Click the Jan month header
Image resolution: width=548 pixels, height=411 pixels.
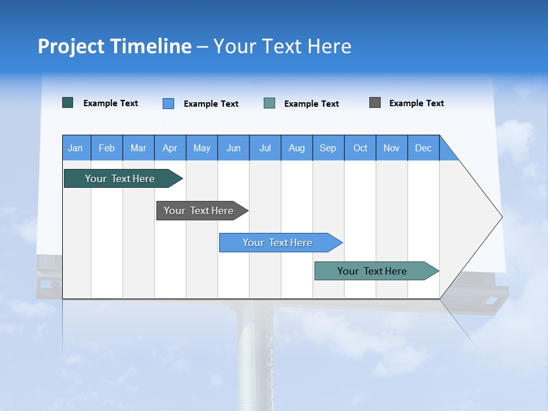(x=76, y=148)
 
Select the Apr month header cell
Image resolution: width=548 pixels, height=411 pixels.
(x=170, y=148)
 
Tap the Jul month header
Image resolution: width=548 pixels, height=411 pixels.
(x=265, y=148)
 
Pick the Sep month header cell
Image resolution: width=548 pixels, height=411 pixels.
(x=328, y=148)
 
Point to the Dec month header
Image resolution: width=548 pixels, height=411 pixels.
(x=423, y=148)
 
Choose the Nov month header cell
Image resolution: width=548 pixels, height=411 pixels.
(x=392, y=148)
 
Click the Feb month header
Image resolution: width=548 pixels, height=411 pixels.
(x=107, y=148)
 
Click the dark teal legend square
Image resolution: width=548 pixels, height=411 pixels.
(x=68, y=103)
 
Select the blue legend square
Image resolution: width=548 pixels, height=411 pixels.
(x=168, y=103)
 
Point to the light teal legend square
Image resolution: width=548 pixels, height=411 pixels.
(x=269, y=103)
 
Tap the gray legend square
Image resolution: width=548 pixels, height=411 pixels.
(x=375, y=103)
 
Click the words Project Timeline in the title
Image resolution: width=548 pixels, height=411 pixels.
(x=115, y=46)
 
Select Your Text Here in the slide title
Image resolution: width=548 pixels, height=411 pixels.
(x=283, y=46)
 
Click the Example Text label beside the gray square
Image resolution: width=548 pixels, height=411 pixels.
(x=416, y=103)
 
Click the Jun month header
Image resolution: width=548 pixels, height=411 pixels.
(x=233, y=148)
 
